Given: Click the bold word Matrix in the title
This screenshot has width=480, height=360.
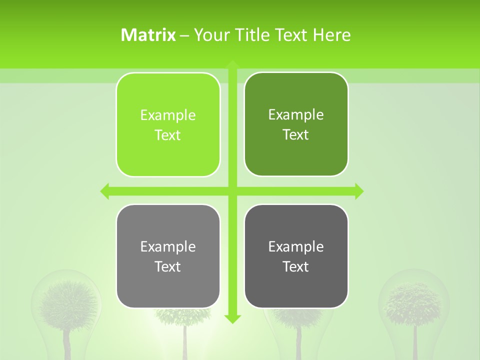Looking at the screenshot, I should coord(148,35).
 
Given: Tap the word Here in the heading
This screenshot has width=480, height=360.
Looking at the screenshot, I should coord(332,35).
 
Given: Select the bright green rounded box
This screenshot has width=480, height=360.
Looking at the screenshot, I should coord(168,125).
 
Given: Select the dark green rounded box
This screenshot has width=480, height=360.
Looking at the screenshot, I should coord(296,124).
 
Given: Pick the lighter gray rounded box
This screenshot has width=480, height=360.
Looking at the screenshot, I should coord(168,256).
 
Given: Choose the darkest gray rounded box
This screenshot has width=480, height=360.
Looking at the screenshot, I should coord(296,256).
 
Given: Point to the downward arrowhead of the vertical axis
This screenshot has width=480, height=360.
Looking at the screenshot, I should coord(232,318).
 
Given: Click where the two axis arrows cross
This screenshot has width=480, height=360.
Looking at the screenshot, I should coord(232,191).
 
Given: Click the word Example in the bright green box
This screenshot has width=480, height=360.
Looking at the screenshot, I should coord(168,115).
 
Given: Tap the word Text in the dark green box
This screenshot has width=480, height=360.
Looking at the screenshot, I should coord(296,134).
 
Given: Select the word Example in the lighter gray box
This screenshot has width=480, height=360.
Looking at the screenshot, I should coord(168,246).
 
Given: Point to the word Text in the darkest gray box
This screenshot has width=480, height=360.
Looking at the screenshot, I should coord(296,266).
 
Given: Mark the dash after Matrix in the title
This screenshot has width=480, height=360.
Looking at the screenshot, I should coord(184,35).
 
